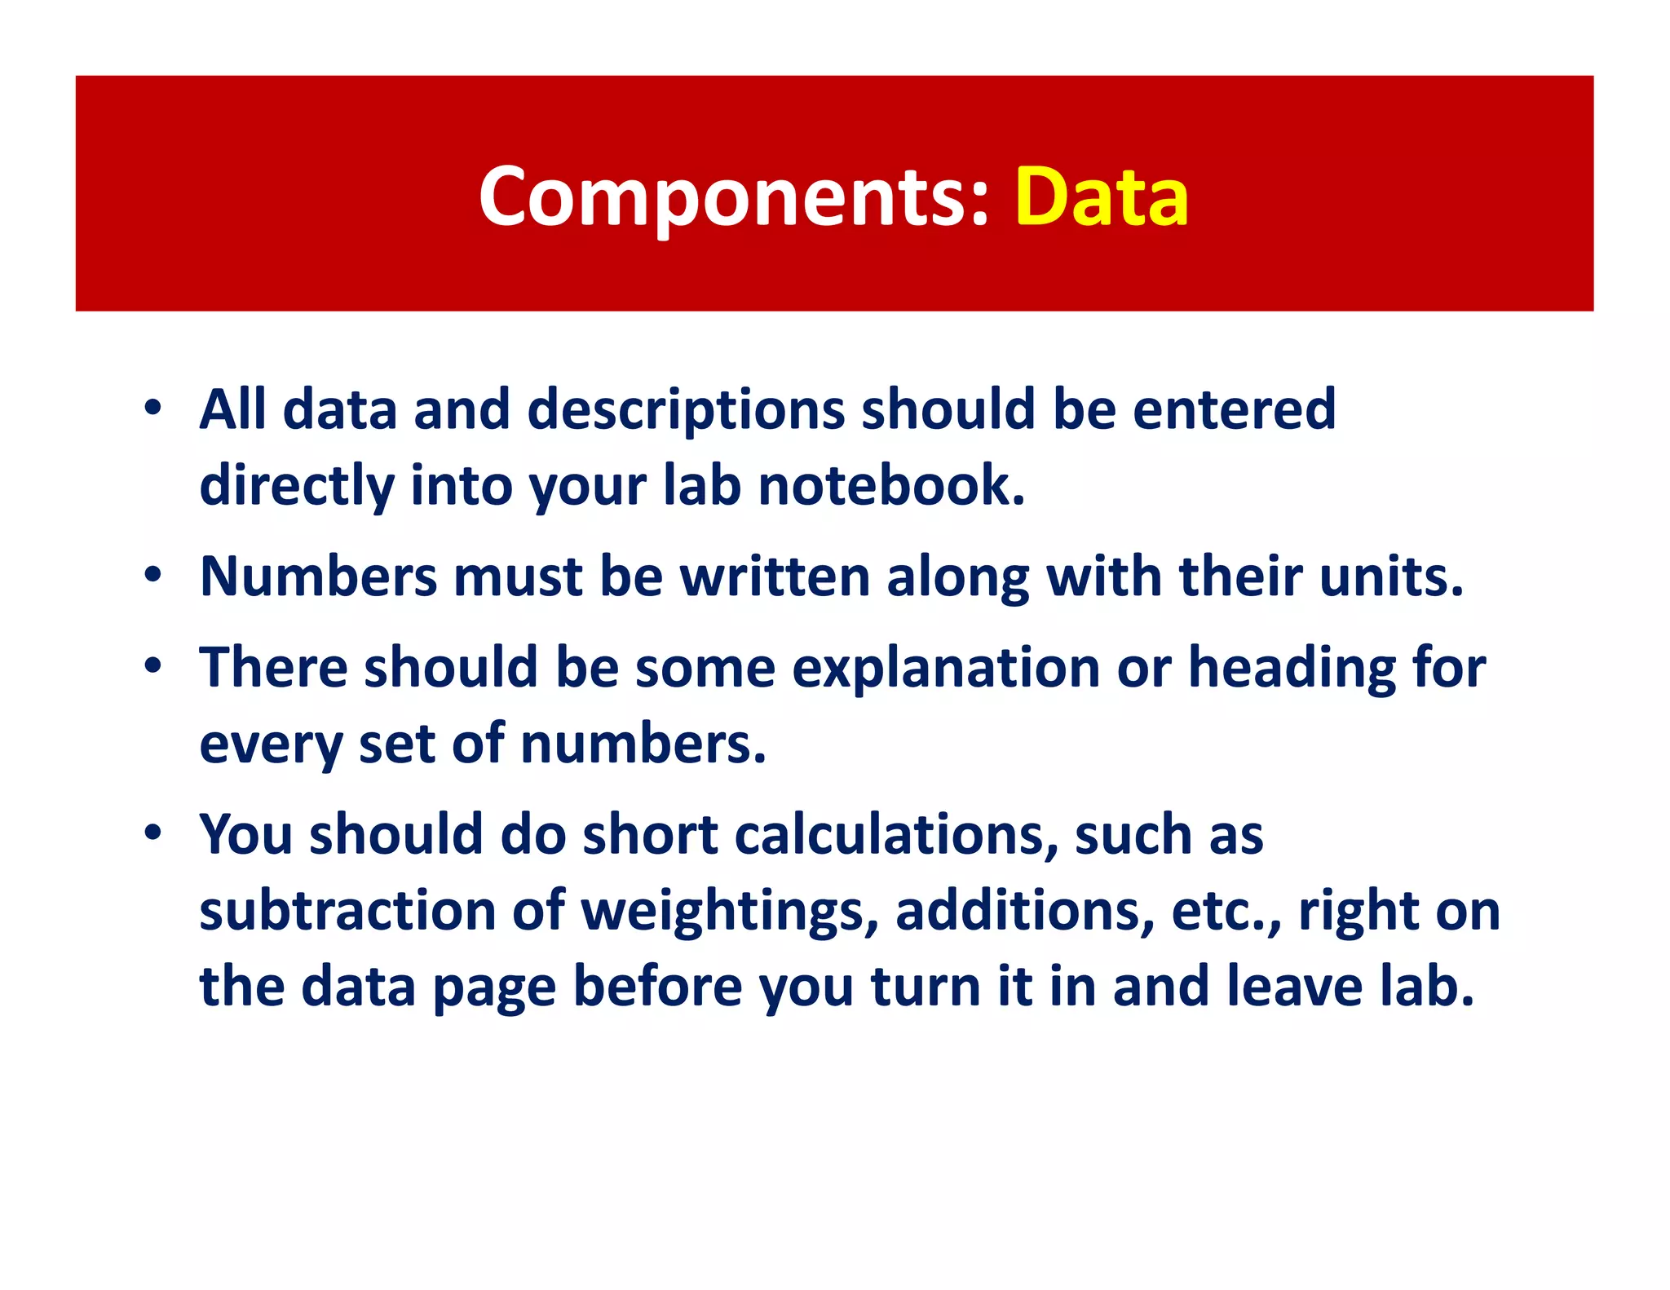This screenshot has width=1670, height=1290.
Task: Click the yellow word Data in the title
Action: click(1102, 197)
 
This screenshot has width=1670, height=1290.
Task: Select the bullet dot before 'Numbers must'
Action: click(152, 576)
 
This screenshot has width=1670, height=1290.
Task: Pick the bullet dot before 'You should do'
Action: click(152, 834)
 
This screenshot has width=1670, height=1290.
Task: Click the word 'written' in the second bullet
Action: click(775, 577)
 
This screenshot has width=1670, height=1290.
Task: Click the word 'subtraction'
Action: click(347, 911)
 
